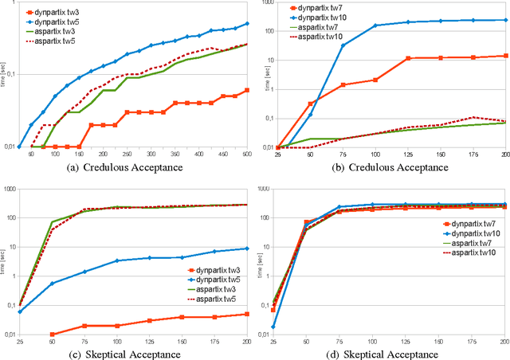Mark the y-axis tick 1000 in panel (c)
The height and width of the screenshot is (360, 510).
[x=10, y=189]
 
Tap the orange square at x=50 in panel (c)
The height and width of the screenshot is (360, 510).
[x=53, y=335]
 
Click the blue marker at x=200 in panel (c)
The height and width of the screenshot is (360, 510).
[x=246, y=248]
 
